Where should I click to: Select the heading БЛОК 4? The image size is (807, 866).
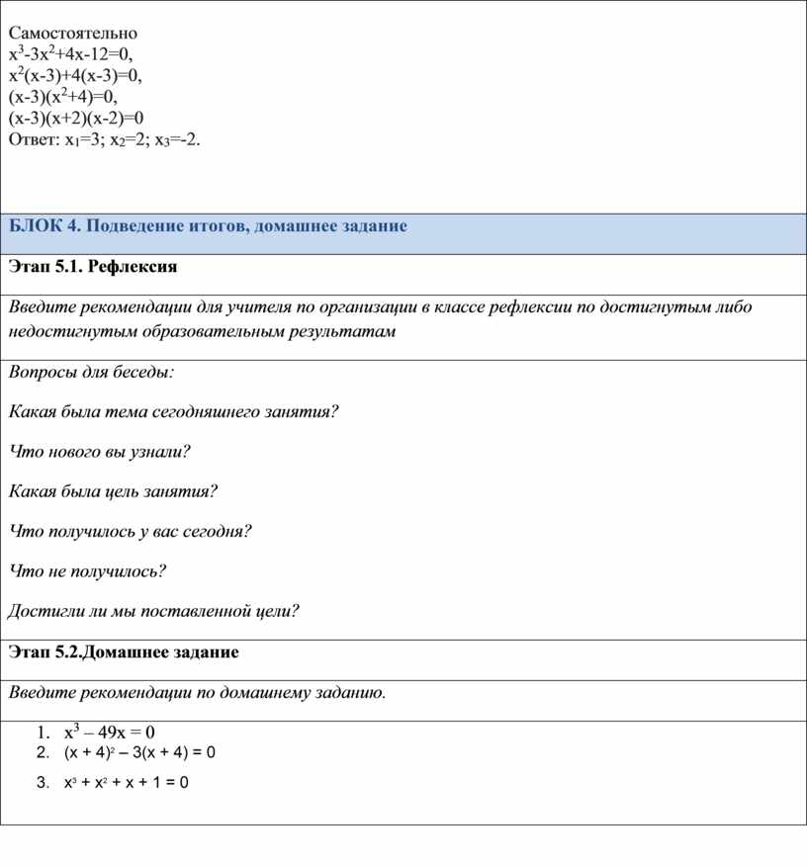click(45, 226)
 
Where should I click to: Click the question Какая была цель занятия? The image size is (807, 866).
click(113, 491)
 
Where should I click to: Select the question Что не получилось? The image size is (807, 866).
click(87, 570)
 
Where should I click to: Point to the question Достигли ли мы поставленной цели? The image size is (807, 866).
click(153, 611)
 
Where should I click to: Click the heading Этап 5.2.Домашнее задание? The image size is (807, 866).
click(124, 652)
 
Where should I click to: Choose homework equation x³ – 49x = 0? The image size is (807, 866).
click(110, 733)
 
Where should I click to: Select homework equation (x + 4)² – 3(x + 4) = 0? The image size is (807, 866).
click(139, 753)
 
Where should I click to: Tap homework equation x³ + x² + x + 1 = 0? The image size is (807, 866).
click(127, 784)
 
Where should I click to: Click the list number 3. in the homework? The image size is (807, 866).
click(42, 784)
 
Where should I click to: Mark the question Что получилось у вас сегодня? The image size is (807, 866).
click(130, 531)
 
